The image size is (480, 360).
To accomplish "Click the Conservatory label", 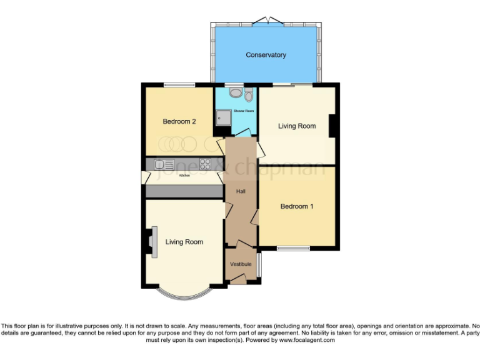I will [x=266, y=55].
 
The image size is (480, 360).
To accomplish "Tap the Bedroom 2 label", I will [x=179, y=122].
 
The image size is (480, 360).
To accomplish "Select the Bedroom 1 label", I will [x=296, y=206].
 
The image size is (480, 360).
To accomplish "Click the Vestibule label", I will [x=241, y=264].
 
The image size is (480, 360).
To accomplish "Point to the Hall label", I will [x=240, y=191].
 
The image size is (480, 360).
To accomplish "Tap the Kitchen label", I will [x=184, y=176].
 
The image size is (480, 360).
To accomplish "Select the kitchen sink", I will [x=165, y=164].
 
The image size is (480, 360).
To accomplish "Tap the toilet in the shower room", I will [x=249, y=95].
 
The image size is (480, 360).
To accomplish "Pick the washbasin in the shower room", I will [x=235, y=92].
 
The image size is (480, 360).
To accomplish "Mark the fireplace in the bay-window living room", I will [x=152, y=242].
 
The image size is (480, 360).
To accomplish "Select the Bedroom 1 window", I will [x=294, y=249].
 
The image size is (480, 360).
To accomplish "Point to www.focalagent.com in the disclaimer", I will [x=307, y=340].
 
